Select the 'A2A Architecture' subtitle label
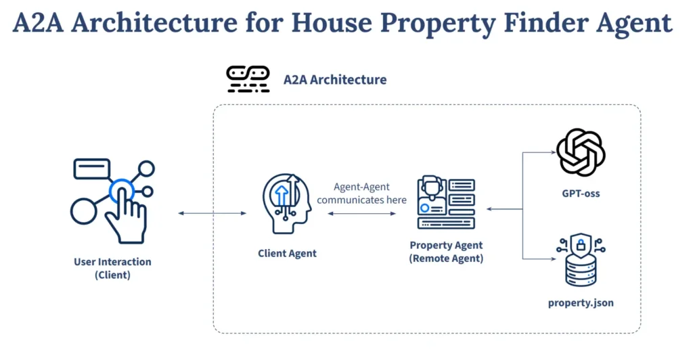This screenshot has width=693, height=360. (335, 79)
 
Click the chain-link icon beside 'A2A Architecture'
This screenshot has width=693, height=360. (248, 79)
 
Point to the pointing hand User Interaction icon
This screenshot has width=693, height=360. (113, 201)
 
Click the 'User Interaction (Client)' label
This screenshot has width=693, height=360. (113, 268)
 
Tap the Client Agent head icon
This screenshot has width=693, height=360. (287, 203)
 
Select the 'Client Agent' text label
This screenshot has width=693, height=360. (287, 253)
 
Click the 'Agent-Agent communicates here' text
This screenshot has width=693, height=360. (361, 194)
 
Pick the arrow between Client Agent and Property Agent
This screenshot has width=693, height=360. (361, 214)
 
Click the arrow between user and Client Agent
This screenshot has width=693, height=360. (212, 213)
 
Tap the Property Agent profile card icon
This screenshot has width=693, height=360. (447, 202)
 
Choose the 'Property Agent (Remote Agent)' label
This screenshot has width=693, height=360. (447, 251)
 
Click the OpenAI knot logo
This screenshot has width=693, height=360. (581, 152)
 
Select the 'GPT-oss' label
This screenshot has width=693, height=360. (581, 194)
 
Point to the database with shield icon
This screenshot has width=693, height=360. (581, 260)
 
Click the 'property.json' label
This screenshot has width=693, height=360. (581, 303)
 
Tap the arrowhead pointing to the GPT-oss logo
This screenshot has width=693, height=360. (554, 152)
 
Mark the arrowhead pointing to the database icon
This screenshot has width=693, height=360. (554, 259)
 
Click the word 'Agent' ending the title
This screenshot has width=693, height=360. (633, 24)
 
